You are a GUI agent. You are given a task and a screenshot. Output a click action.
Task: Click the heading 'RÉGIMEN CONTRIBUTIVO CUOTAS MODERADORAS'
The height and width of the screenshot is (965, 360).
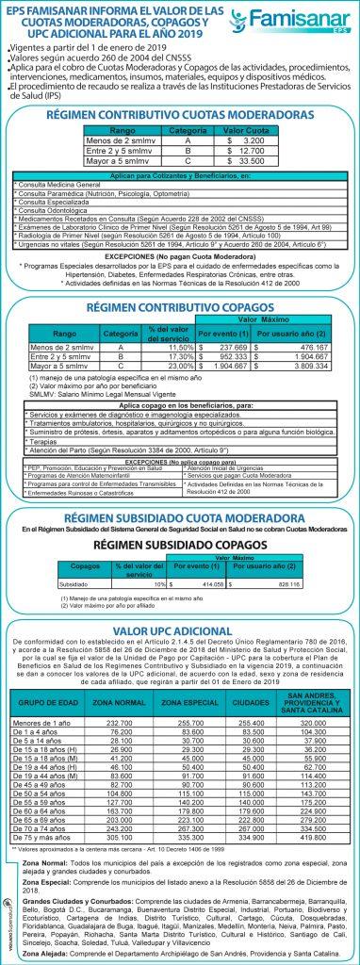coord(179,114)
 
